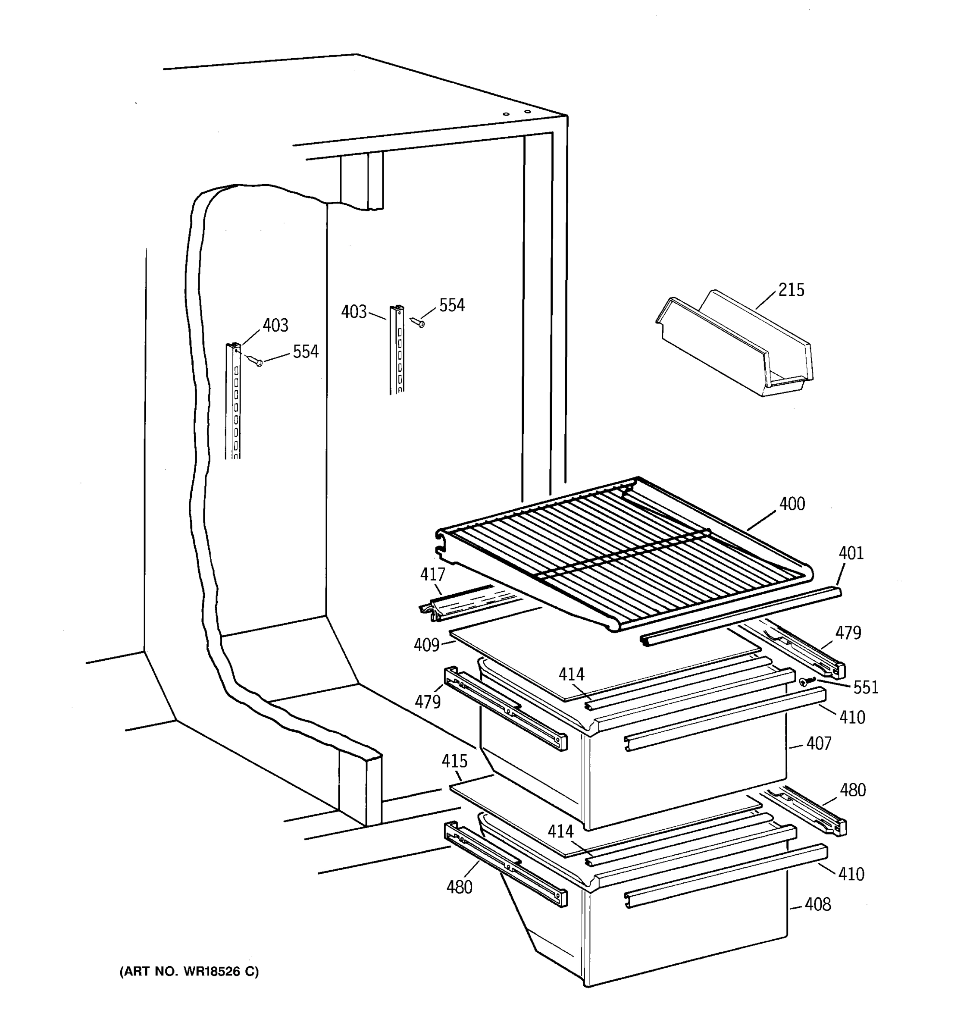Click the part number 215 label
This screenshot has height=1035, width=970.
791,289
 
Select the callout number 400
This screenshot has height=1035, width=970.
792,504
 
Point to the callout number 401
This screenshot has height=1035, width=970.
851,553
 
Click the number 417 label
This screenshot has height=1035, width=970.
432,574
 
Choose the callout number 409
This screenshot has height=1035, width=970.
427,645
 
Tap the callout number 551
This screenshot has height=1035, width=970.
865,688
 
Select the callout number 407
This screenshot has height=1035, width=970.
819,743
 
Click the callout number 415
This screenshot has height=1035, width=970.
454,761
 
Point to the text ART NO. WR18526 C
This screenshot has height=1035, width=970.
189,971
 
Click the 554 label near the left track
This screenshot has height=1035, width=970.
306,352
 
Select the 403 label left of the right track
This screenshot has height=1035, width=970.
354,312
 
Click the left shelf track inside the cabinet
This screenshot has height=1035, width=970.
234,401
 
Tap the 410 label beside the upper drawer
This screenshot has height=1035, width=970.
852,718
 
